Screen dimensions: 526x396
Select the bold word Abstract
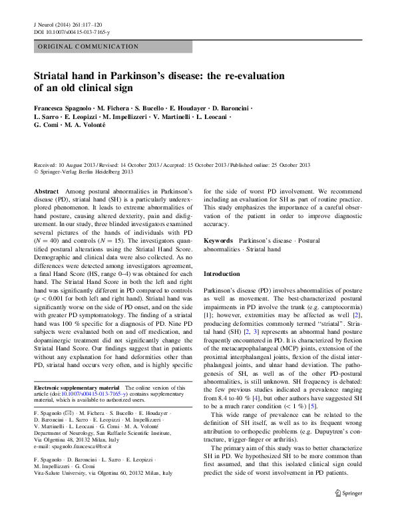click(x=45, y=191)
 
